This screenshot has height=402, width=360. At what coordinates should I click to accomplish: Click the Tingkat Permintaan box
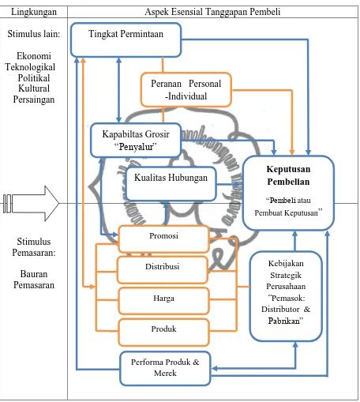click(126, 39)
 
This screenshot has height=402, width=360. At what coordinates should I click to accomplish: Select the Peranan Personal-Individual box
click(186, 90)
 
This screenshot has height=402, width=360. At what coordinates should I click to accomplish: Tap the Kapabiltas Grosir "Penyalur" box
click(136, 140)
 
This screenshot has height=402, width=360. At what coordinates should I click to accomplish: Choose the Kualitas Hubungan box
click(171, 184)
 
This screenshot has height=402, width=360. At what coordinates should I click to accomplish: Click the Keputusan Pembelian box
click(288, 193)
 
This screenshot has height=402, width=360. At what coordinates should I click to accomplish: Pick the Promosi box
click(163, 239)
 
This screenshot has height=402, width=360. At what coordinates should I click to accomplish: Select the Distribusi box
click(163, 270)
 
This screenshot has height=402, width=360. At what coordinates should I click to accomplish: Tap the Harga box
click(163, 301)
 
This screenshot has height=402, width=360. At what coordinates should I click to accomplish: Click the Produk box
click(163, 332)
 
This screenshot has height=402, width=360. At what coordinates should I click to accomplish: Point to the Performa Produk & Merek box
click(165, 368)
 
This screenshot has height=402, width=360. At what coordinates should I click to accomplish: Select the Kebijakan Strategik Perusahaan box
click(286, 296)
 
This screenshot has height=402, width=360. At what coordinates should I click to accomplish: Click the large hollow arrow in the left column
click(31, 204)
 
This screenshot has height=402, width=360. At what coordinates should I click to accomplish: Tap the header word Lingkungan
click(34, 12)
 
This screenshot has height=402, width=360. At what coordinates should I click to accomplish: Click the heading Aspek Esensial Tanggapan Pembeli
click(212, 12)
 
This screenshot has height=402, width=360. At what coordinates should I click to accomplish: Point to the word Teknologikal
click(30, 67)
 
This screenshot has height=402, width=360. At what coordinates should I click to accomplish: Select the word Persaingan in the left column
click(34, 100)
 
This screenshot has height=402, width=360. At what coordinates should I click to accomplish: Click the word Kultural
click(34, 88)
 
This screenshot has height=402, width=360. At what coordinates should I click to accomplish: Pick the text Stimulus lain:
click(34, 34)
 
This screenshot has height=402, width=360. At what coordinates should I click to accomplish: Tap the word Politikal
click(34, 78)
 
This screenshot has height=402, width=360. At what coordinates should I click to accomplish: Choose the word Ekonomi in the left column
click(34, 56)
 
